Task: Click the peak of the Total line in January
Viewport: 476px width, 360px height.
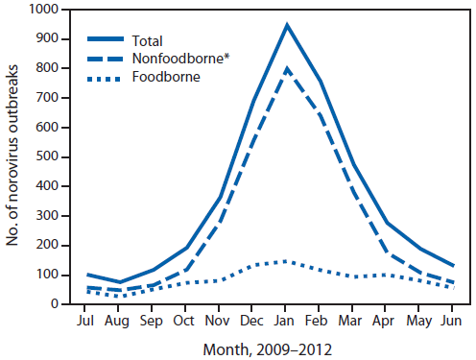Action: coord(286,24)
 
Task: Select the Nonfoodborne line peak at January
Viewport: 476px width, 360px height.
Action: coord(286,68)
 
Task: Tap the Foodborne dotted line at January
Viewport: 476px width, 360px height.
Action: coord(286,261)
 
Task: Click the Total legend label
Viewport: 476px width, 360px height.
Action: coord(149,40)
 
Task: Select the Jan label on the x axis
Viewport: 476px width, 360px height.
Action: coord(286,320)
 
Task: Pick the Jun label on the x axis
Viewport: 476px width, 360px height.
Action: coord(447,320)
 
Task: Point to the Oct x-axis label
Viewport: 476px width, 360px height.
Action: coord(186,320)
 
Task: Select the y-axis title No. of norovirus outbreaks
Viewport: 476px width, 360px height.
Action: coord(12,156)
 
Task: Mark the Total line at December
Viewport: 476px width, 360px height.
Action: coord(254,100)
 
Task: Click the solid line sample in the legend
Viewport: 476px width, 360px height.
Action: coord(107,40)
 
